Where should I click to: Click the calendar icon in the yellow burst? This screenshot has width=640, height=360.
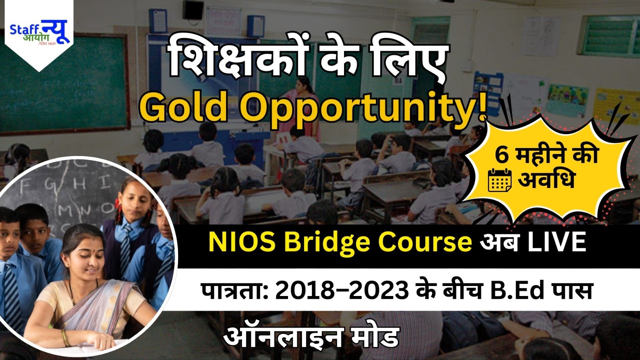click(x=500, y=180)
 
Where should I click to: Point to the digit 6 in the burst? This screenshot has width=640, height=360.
click(x=502, y=155)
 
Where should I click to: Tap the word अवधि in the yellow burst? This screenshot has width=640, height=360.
click(x=546, y=179)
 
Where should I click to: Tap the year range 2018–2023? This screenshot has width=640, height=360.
click(x=342, y=291)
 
